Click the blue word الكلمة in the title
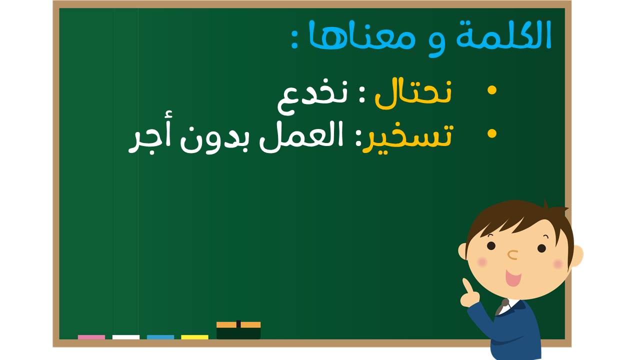[x=503, y=35]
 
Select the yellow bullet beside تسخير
[x=492, y=133]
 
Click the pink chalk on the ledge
[x=91, y=337]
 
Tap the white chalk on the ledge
[x=126, y=337]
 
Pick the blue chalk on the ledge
[x=160, y=337]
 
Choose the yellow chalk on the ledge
[x=194, y=337]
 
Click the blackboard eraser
[x=238, y=330]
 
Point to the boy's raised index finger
[x=467, y=286]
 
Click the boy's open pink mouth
[x=513, y=278]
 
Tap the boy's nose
[x=513, y=255]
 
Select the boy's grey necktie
[x=501, y=306]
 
